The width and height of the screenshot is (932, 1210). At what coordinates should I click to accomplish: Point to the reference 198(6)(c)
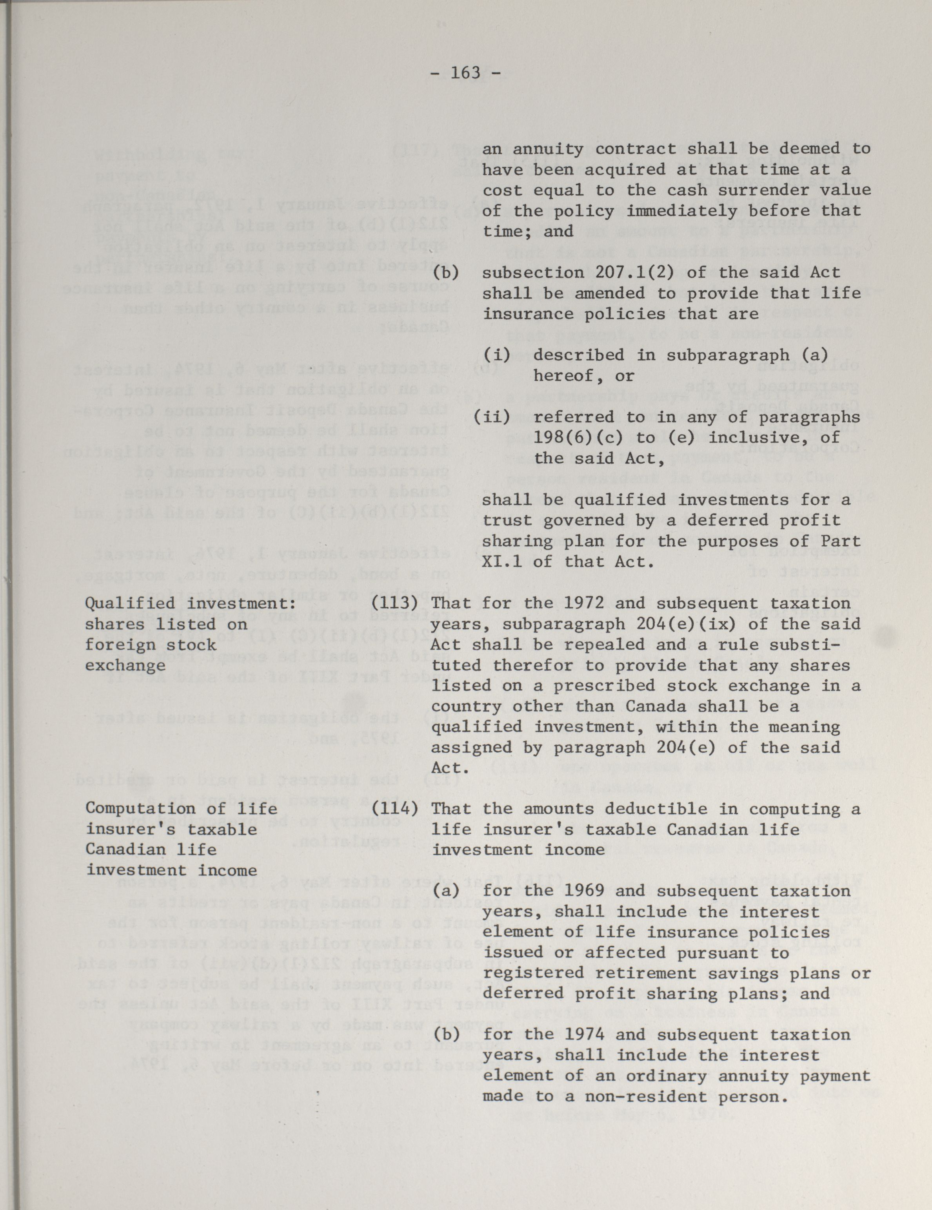(579, 438)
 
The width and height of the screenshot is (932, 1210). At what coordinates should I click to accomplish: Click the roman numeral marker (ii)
(491, 417)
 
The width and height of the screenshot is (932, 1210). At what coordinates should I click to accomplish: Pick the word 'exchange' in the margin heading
(125, 665)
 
